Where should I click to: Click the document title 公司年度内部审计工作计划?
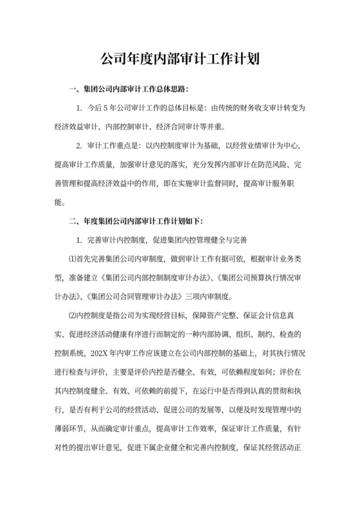180,60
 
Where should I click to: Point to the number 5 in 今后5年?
112,108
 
